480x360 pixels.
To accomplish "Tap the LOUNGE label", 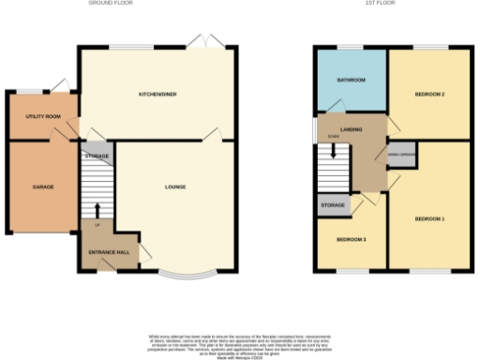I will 176,187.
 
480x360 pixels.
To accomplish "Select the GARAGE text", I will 43,187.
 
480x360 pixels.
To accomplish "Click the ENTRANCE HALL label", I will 110,254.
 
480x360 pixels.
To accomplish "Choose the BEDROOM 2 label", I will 429,95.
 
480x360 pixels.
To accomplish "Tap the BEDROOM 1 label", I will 429,218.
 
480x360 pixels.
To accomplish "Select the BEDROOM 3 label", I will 352,239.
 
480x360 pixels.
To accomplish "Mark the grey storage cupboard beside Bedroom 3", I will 332,204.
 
